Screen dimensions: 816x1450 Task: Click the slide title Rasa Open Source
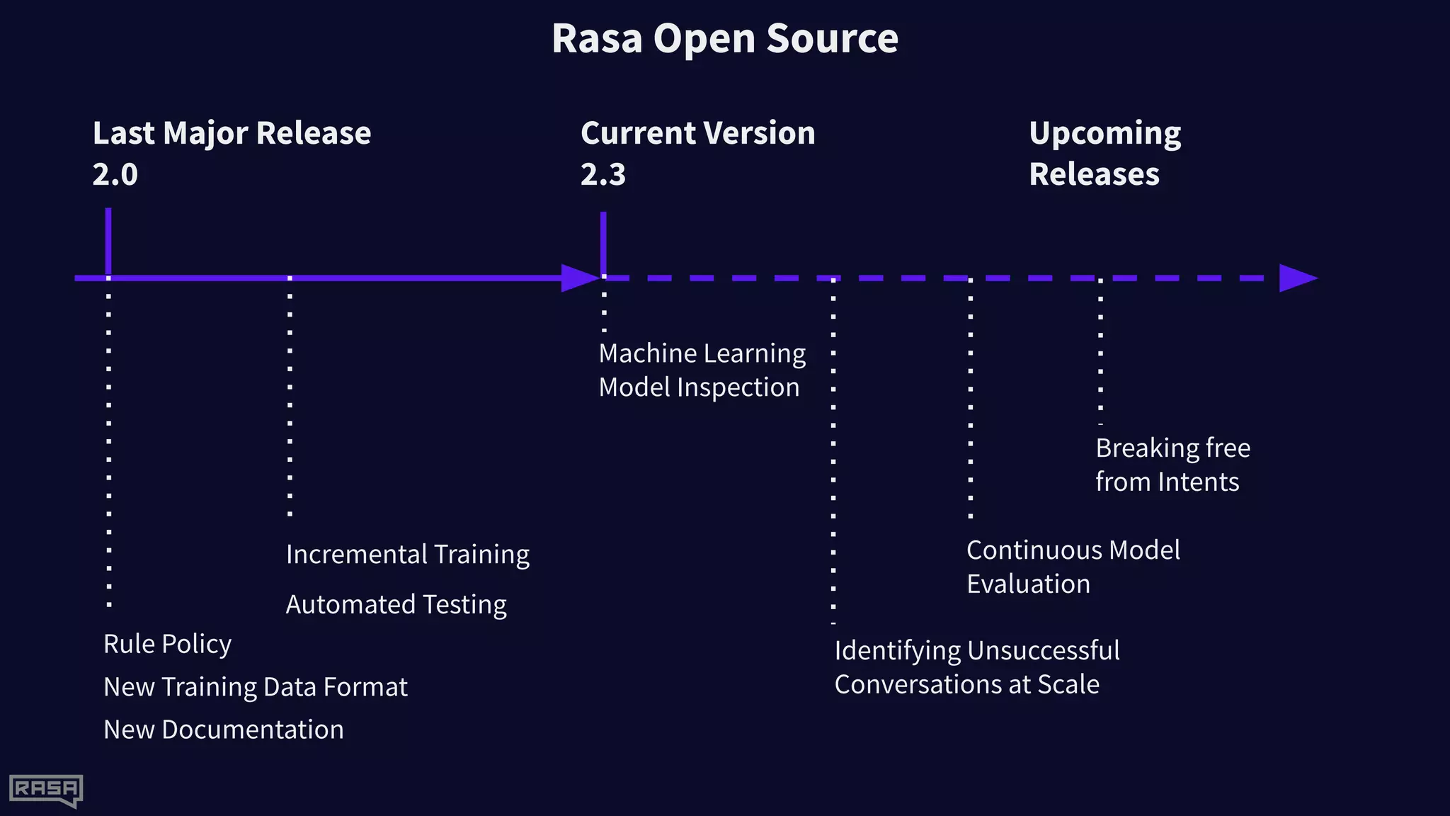pos(724,38)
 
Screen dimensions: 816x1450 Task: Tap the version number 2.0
pos(115,174)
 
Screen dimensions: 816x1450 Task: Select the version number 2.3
pos(603,174)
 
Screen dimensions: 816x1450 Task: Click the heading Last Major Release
pos(232,133)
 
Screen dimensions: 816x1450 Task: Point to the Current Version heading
pos(697,133)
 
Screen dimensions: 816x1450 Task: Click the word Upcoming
pos(1104,133)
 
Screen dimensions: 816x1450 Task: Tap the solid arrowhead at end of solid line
pos(579,278)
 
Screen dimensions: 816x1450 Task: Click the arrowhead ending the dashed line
pos(1297,278)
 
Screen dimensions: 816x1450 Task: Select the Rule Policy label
pos(167,644)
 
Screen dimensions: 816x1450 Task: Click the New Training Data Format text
pos(255,687)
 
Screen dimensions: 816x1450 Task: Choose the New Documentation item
pos(224,730)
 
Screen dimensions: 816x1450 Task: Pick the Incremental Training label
pos(407,555)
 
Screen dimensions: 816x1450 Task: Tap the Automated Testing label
pos(396,605)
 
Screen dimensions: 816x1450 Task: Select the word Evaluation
pos(1028,584)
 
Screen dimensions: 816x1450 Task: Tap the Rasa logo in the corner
pos(46,790)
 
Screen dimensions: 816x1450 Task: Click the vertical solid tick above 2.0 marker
pos(108,241)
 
